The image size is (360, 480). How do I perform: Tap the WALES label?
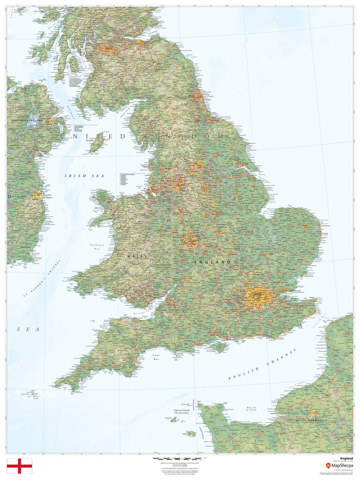coord(137,256)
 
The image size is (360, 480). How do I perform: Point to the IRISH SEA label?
coord(84,175)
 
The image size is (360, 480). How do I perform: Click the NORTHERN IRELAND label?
coord(27,120)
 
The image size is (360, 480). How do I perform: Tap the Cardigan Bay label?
coord(96,247)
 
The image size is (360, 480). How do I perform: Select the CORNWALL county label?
coord(95,359)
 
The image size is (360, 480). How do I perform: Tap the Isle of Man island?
coord(97,141)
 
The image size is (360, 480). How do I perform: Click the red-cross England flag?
coord(19,466)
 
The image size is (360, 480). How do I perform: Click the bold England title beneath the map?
coord(346,458)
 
